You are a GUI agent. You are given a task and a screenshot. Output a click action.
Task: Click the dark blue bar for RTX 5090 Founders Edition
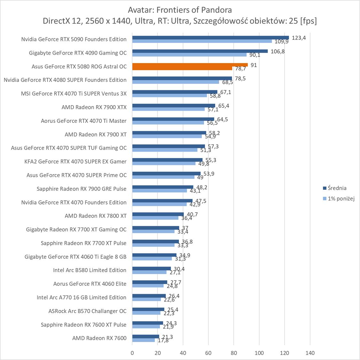(210, 37)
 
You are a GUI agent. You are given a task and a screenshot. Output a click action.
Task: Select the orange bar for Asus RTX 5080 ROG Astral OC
(190, 65)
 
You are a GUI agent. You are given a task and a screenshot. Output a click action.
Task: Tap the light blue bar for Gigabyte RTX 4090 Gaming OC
(189, 55)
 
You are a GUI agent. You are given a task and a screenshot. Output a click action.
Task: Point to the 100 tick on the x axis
(259, 353)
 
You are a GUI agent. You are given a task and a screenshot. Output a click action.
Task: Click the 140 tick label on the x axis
(310, 353)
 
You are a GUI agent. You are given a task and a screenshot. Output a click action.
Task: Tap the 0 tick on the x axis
(132, 353)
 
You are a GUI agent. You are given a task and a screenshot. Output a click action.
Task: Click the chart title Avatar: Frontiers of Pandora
(180, 10)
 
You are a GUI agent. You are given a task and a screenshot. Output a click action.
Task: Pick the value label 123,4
(299, 38)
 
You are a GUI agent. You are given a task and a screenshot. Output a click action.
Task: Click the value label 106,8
(278, 52)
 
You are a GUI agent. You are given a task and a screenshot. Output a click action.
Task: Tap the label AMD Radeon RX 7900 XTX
(94, 107)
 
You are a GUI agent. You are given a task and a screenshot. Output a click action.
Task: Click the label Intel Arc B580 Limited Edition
(90, 270)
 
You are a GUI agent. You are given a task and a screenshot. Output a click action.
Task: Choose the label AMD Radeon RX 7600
(99, 338)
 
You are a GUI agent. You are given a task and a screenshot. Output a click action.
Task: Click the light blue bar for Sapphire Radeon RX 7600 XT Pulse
(146, 327)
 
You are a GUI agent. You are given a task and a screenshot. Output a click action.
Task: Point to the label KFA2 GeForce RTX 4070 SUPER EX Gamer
(75, 162)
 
